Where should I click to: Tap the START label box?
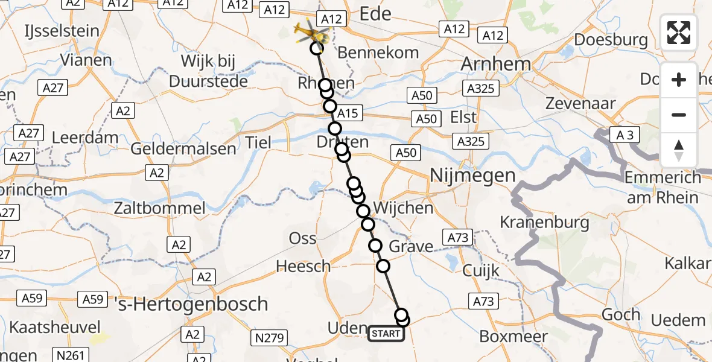[x=386, y=334]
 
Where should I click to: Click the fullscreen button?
[x=679, y=33]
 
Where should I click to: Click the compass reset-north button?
[x=679, y=150]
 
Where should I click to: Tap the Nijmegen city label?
[x=473, y=176]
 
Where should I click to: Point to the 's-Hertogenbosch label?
[x=191, y=303]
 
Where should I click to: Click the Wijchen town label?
[x=403, y=209]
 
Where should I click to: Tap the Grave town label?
[x=411, y=246]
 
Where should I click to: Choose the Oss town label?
[x=303, y=238]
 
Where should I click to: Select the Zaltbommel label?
[x=160, y=209]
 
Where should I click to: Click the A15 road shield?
[x=348, y=113]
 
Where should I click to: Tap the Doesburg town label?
[x=612, y=40]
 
